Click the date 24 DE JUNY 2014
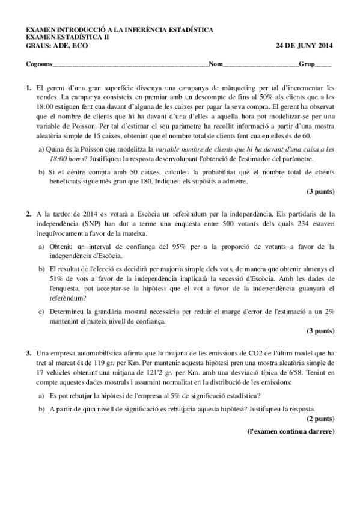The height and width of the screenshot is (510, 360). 305,46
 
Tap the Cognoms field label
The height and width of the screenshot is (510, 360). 38,64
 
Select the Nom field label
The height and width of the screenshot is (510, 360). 215,64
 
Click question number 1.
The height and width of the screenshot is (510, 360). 28,88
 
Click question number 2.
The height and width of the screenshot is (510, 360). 28,214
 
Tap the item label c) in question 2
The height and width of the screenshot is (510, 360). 41,312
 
